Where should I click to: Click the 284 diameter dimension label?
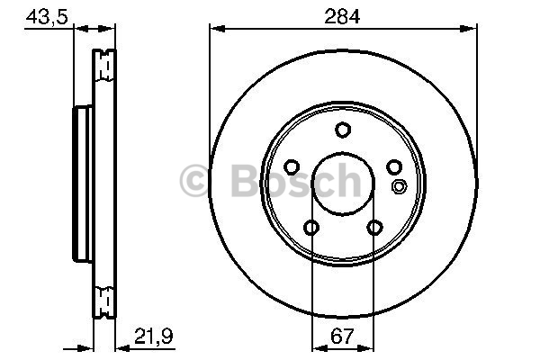[x=342, y=16]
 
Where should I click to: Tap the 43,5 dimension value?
[x=47, y=16]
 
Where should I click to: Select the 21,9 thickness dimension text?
[x=153, y=336]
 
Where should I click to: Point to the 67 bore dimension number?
[x=342, y=337]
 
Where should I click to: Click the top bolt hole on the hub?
[x=343, y=130]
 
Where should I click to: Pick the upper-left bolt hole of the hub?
[x=292, y=167]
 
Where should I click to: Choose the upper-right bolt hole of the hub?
[x=394, y=167]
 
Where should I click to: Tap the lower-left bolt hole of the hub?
[x=311, y=228]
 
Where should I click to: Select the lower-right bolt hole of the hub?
[x=374, y=228]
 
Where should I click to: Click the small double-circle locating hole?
[x=399, y=186]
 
